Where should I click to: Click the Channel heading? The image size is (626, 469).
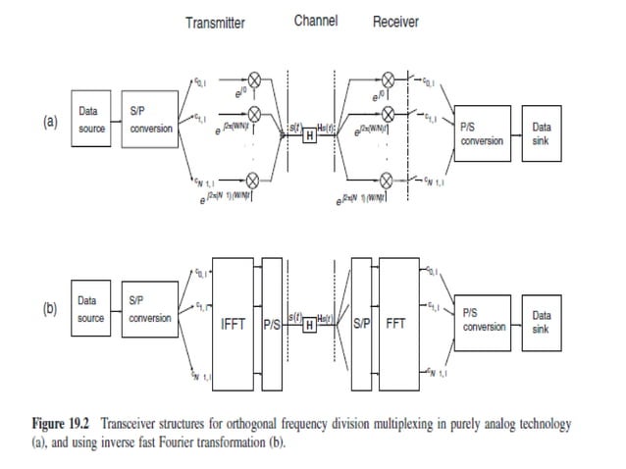[316, 22]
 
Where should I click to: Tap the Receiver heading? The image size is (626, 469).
[395, 23]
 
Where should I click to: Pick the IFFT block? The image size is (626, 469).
[233, 321]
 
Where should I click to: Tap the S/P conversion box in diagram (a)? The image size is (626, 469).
[150, 121]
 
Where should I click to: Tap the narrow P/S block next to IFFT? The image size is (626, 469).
[271, 321]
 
